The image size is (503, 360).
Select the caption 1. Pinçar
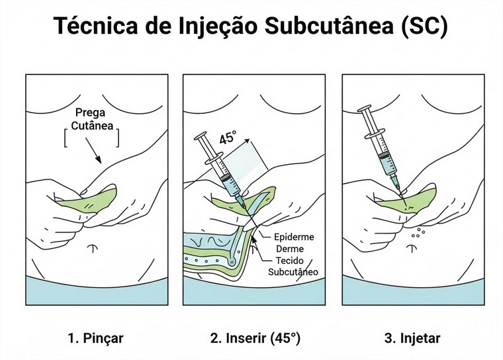tap(95, 338)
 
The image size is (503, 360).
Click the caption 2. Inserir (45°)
tap(255, 338)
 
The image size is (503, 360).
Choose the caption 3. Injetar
tap(412, 338)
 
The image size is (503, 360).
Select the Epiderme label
tap(293, 236)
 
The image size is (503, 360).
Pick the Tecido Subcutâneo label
tap(293, 266)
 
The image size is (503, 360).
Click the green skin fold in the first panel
tap(85, 201)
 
